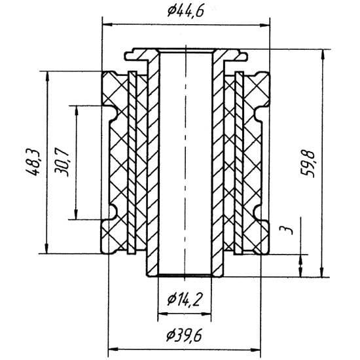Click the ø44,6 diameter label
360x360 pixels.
tap(185, 11)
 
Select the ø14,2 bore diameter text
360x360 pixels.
tap(185, 299)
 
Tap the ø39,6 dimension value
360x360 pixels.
tap(185, 335)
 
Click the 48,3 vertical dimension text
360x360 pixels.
tap(33, 162)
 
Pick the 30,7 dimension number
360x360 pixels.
tap(62, 164)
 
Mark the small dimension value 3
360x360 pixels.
tap(286, 230)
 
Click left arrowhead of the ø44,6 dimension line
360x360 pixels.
tap(107, 25)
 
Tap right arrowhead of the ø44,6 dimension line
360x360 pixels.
tap(264, 26)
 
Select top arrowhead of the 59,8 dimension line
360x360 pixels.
tap(323, 54)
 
